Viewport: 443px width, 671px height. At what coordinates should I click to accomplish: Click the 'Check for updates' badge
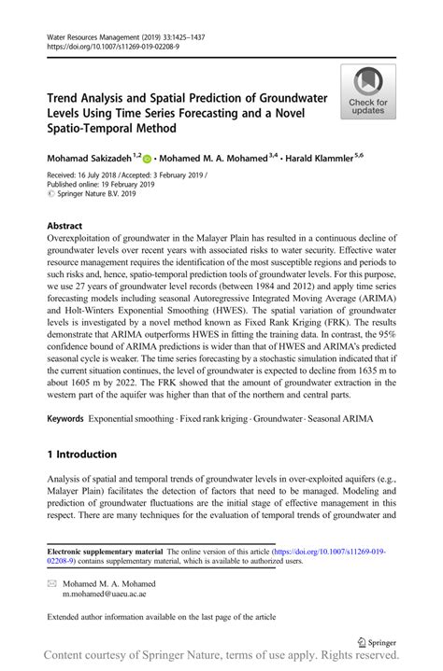pyautogui.click(x=368, y=92)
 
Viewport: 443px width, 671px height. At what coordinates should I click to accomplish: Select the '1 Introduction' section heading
pyautogui.click(x=82, y=454)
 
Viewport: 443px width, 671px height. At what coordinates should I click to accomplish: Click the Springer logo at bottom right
pyautogui.click(x=378, y=641)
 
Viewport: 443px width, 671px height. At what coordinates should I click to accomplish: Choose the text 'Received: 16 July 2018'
pyautogui.click(x=87, y=175)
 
